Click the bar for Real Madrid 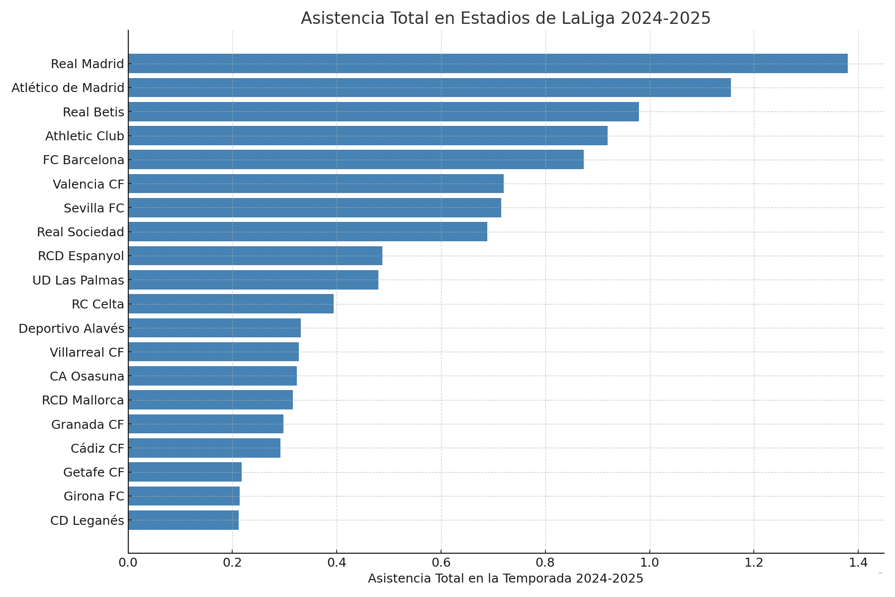tap(487, 64)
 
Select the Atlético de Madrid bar tap(429, 88)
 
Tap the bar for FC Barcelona tap(356, 160)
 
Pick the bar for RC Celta tap(231, 304)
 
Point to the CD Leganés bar tap(183, 520)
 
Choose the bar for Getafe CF tap(185, 472)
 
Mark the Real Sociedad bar tap(307, 232)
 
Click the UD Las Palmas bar tap(253, 280)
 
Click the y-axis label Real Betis tap(93, 112)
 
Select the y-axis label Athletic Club tap(85, 136)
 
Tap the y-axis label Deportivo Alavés tap(71, 329)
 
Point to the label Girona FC tap(94, 497)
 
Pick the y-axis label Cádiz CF tap(97, 449)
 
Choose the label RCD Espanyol tap(81, 256)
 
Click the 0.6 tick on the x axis tap(441, 563)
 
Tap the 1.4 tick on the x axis tap(858, 563)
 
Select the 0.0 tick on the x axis tap(128, 563)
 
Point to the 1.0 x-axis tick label tap(649, 563)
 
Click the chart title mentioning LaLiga tap(506, 18)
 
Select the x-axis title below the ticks tap(506, 579)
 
